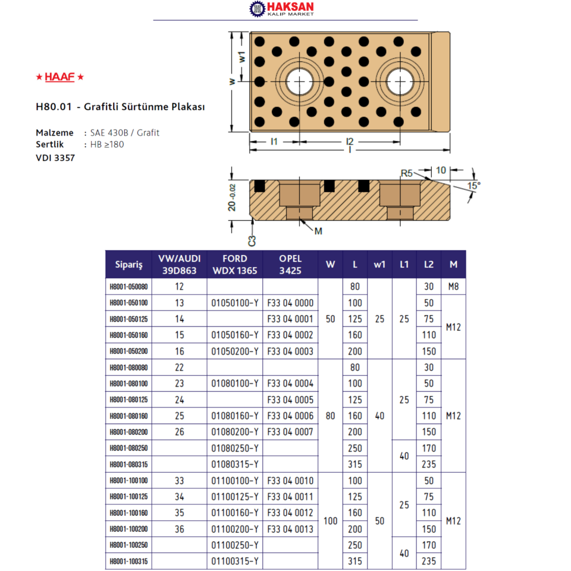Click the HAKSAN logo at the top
pyautogui.click(x=281, y=9)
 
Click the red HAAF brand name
pyautogui.click(x=59, y=77)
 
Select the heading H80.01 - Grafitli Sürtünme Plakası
pyautogui.click(x=120, y=108)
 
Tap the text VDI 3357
pyautogui.click(x=55, y=158)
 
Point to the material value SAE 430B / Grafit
pyautogui.click(x=125, y=133)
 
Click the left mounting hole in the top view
pyautogui.click(x=301, y=81)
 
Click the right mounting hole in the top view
pyautogui.click(x=401, y=81)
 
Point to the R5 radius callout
pyautogui.click(x=406, y=173)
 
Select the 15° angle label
pyautogui.click(x=473, y=185)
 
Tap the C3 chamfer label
pyautogui.click(x=252, y=241)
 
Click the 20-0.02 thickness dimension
pyautogui.click(x=232, y=197)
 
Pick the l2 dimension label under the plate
pyautogui.click(x=350, y=142)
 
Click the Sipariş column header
pyautogui.click(x=128, y=265)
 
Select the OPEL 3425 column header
pyautogui.click(x=290, y=265)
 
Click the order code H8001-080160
pyautogui.click(x=128, y=416)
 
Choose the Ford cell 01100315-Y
pyautogui.click(x=235, y=561)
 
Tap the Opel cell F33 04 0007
pyautogui.click(x=290, y=432)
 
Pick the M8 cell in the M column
pyautogui.click(x=453, y=287)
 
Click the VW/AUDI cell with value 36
pyautogui.click(x=179, y=529)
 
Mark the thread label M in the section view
pyautogui.click(x=318, y=231)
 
